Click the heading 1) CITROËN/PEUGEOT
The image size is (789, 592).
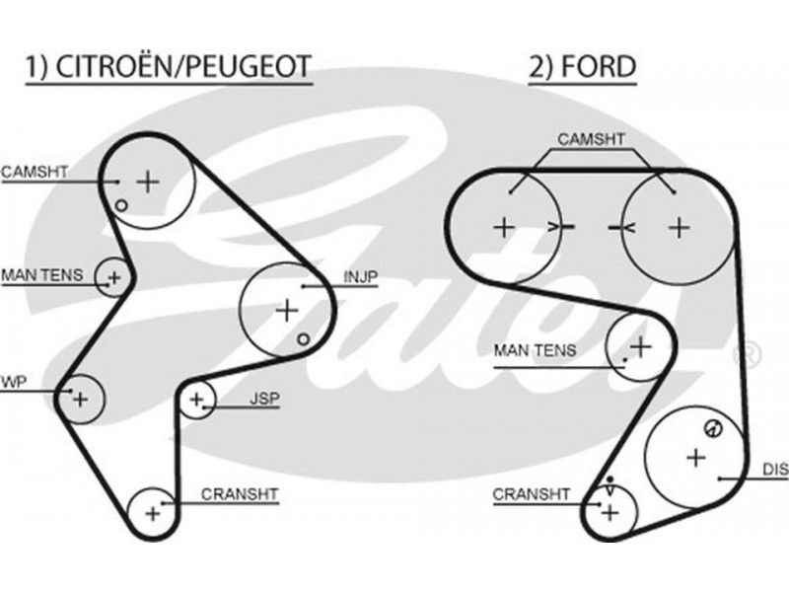[168, 67]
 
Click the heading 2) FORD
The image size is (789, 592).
[582, 67]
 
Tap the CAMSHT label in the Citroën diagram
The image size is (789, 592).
[35, 171]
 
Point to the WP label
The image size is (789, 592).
[12, 380]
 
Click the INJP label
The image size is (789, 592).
[360, 276]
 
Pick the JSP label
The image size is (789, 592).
[264, 399]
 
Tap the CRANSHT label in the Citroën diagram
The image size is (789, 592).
[240, 493]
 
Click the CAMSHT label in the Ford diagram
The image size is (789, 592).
[591, 139]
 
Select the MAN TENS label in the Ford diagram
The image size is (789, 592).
[535, 350]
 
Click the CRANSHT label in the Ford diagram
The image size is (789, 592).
[532, 493]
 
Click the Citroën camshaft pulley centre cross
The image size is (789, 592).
[147, 181]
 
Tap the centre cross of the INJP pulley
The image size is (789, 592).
[286, 310]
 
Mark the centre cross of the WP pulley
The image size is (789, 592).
[81, 399]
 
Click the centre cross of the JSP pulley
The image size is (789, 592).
[197, 400]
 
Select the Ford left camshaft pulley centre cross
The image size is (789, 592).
[504, 226]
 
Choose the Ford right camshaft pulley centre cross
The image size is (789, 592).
[678, 226]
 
